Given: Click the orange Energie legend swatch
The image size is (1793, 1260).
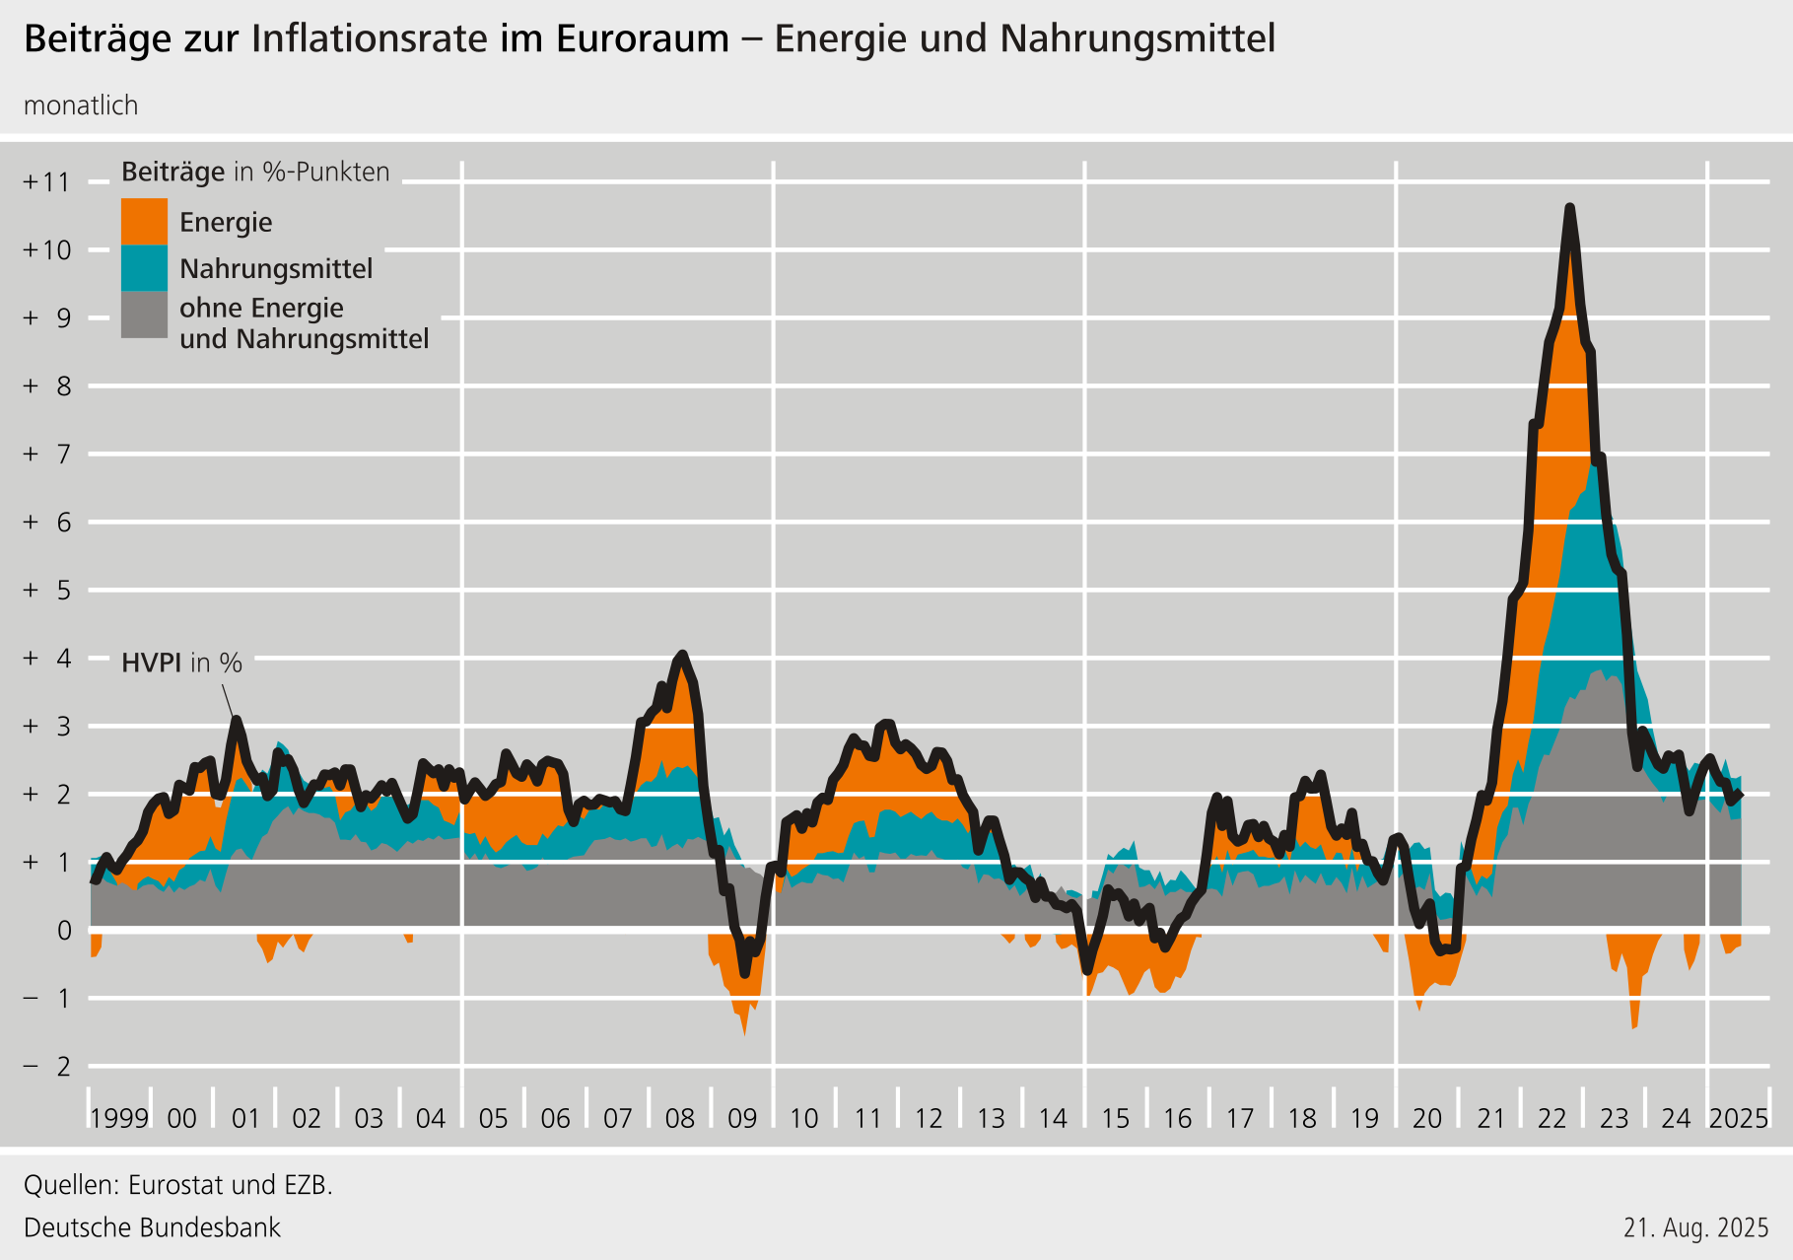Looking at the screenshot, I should pos(144,222).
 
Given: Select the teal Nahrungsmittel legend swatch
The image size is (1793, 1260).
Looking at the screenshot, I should pos(144,268).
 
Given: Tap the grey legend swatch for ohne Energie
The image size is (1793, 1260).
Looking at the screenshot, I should pos(144,315).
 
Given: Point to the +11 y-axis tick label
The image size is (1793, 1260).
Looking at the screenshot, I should pos(47,181).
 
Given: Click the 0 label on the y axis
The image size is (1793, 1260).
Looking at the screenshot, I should pos(64,930).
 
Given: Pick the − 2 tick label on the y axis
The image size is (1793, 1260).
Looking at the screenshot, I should pos(47,1066).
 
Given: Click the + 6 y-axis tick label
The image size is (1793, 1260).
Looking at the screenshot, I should pos(47,522).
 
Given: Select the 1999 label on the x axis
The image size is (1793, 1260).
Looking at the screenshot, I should pos(119,1118).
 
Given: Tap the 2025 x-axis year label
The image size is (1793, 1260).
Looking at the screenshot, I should pos(1739,1118).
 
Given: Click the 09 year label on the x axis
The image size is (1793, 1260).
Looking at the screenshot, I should pos(742,1118).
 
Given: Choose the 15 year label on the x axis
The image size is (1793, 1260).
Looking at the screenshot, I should pos(1115,1118).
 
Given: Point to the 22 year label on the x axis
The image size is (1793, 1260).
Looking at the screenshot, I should pos(1552,1118).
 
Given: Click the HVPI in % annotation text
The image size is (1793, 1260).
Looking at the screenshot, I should pos(181,663).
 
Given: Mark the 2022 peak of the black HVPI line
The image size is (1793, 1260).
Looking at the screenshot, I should pos(1569,208).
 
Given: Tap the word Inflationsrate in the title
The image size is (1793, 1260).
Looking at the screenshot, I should pos(370,38).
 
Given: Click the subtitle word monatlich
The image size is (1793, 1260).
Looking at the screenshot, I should pos(81,105).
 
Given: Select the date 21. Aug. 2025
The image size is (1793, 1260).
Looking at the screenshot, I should pos(1696,1227).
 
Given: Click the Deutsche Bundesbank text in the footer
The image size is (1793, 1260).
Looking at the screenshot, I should pos(152,1227).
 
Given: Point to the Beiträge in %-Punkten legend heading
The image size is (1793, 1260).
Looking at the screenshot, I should pos(255,172).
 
